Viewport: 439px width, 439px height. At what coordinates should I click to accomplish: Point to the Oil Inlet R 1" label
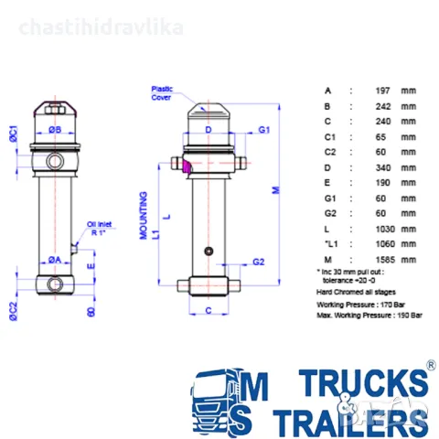[x=101, y=228]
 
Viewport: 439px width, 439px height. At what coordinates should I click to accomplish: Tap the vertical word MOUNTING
[x=144, y=216]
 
